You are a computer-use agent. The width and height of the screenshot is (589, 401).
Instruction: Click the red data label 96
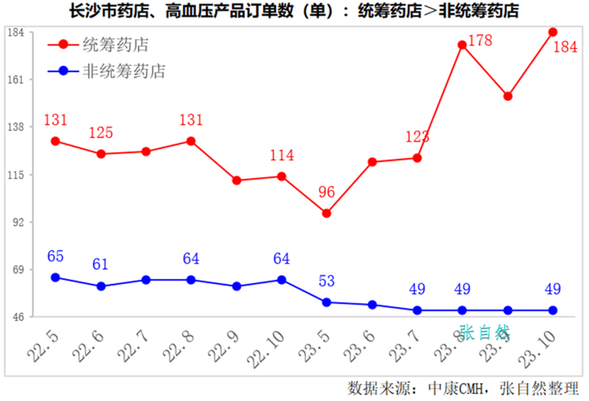[x=326, y=193]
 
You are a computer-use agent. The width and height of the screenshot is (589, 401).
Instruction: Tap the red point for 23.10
[x=553, y=32]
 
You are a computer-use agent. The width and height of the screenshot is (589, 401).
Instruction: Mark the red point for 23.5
[x=326, y=213]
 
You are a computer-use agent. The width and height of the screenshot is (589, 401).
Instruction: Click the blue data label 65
[x=56, y=257]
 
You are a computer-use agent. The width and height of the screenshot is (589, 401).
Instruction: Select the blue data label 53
[x=328, y=281]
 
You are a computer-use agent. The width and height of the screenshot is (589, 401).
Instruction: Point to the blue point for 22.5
[x=55, y=277]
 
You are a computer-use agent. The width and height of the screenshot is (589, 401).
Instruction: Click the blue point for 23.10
[x=553, y=310]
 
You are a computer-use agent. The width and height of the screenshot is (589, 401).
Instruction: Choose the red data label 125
[x=102, y=133]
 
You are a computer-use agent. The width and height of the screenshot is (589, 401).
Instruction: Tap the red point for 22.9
[x=236, y=180]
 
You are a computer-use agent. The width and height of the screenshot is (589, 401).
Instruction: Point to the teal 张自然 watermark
[x=484, y=333]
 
